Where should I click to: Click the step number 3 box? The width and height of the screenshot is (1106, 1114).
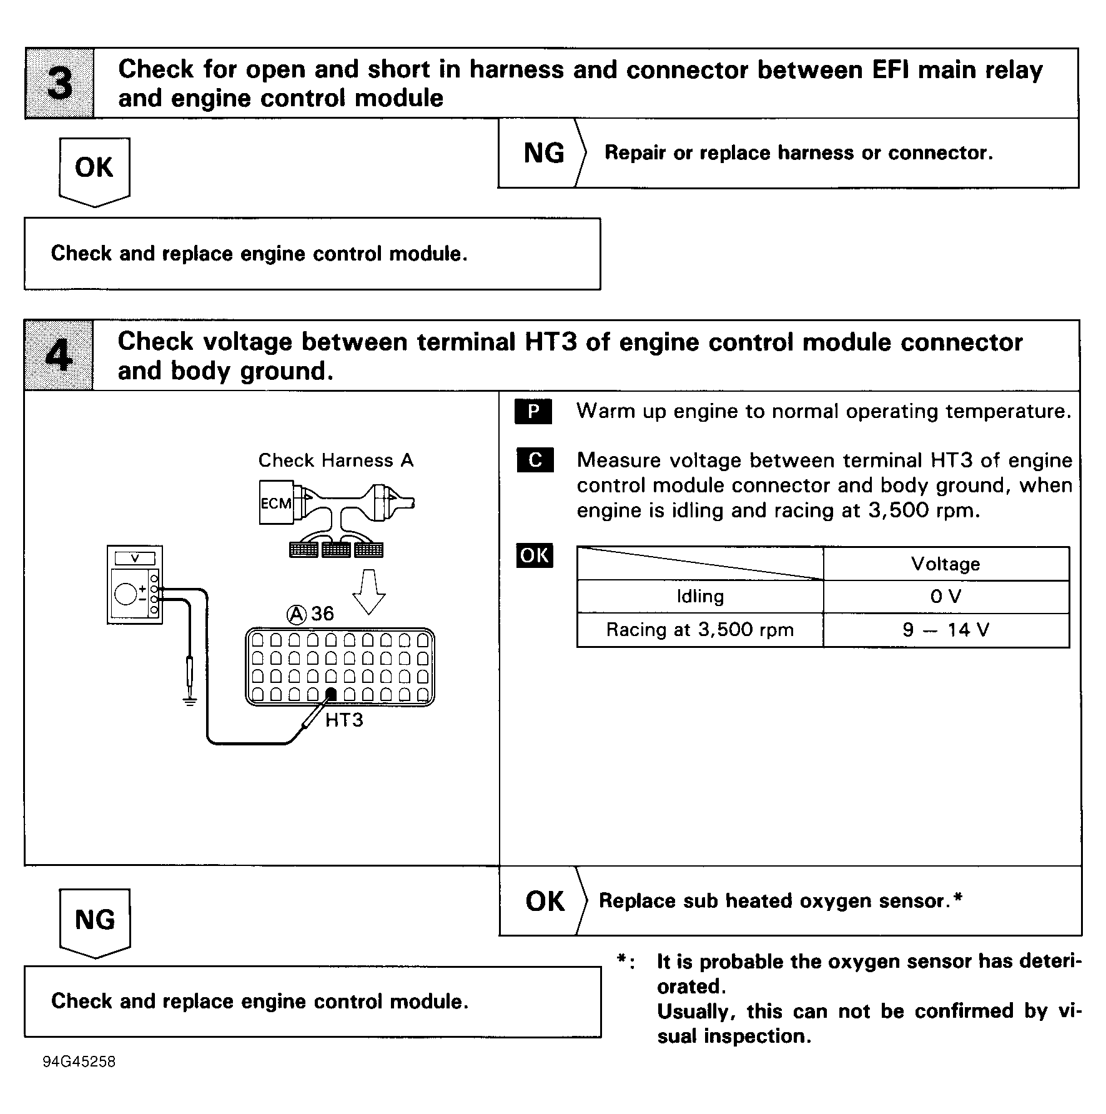[x=59, y=83]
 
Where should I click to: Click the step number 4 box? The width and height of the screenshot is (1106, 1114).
[x=59, y=356]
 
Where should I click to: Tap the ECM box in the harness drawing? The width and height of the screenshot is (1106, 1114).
[x=276, y=502]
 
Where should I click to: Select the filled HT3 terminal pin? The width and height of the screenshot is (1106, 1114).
[x=331, y=694]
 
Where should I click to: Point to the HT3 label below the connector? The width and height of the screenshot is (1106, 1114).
[x=344, y=720]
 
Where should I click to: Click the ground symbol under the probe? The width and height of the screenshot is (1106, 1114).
[x=190, y=701]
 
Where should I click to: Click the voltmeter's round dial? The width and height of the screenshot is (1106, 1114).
[x=126, y=594]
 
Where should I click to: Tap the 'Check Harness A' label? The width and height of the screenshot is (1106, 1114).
[x=336, y=460]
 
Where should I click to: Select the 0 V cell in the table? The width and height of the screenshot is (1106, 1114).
[x=946, y=597]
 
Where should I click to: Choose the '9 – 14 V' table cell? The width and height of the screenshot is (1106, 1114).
[x=946, y=630]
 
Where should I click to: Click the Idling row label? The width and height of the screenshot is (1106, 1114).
[x=699, y=597]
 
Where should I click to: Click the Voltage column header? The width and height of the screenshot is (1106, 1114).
[x=946, y=564]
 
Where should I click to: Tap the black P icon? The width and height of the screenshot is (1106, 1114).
[x=533, y=412]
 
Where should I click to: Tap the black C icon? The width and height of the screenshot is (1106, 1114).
[x=535, y=460]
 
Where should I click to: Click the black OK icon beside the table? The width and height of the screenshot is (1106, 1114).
[x=535, y=555]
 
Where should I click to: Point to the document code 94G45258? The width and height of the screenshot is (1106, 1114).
[x=79, y=1062]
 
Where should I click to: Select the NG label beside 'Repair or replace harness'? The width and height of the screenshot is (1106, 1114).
[x=543, y=153]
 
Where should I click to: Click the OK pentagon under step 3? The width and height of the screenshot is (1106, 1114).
[x=94, y=169]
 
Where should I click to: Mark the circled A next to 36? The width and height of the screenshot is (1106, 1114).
[x=297, y=615]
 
